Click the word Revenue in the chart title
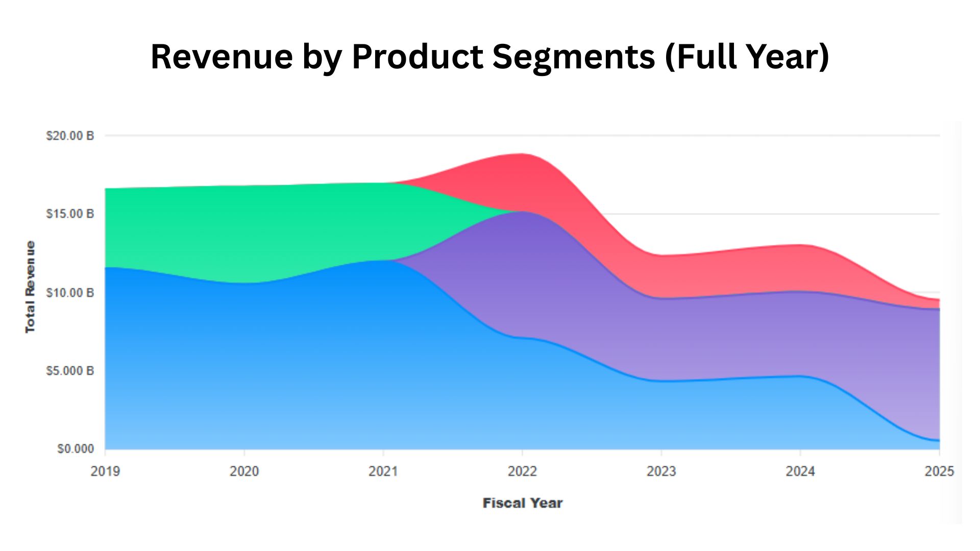222,56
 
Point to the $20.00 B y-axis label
70,136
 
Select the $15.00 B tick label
70,214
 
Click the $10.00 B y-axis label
70,293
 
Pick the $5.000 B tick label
70,371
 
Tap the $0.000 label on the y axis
76,449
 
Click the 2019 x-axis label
105,471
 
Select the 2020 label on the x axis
244,471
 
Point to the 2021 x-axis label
383,471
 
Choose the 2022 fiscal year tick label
522,471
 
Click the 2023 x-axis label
661,471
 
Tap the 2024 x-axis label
800,471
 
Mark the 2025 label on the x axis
939,471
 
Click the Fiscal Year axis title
522,503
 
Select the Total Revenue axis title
30,287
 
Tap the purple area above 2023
661,339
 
